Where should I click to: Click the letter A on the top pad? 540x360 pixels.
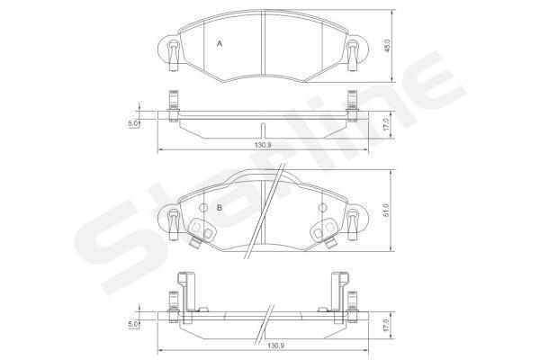[220, 44]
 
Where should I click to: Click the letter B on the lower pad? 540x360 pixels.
[219, 208]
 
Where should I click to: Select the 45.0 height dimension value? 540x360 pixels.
[387, 46]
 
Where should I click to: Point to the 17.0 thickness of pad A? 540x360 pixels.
[385, 125]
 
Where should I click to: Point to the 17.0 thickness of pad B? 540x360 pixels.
[385, 325]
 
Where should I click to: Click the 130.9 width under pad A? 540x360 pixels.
[263, 145]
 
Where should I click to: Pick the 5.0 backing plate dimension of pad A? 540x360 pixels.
[133, 123]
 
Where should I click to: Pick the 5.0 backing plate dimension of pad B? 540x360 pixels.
[133, 324]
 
